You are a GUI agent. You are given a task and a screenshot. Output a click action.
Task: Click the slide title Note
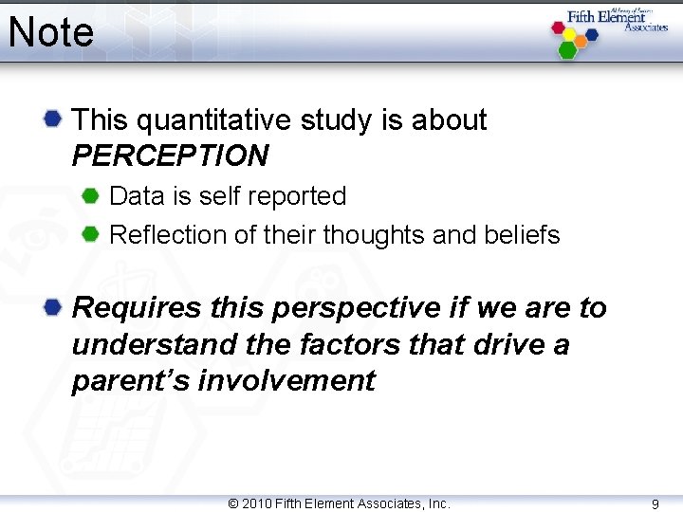[51, 32]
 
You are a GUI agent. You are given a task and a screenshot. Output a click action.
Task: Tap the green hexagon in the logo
[567, 49]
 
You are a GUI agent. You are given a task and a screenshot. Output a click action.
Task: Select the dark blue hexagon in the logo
[592, 34]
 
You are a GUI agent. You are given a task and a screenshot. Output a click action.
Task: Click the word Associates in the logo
[646, 27]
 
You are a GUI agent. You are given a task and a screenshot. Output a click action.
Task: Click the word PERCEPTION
[170, 155]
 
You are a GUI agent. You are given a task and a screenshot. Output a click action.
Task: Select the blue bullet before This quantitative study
[53, 119]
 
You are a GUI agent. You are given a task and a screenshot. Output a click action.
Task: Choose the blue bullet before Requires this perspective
[53, 307]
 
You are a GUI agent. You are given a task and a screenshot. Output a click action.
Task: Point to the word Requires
[137, 308]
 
